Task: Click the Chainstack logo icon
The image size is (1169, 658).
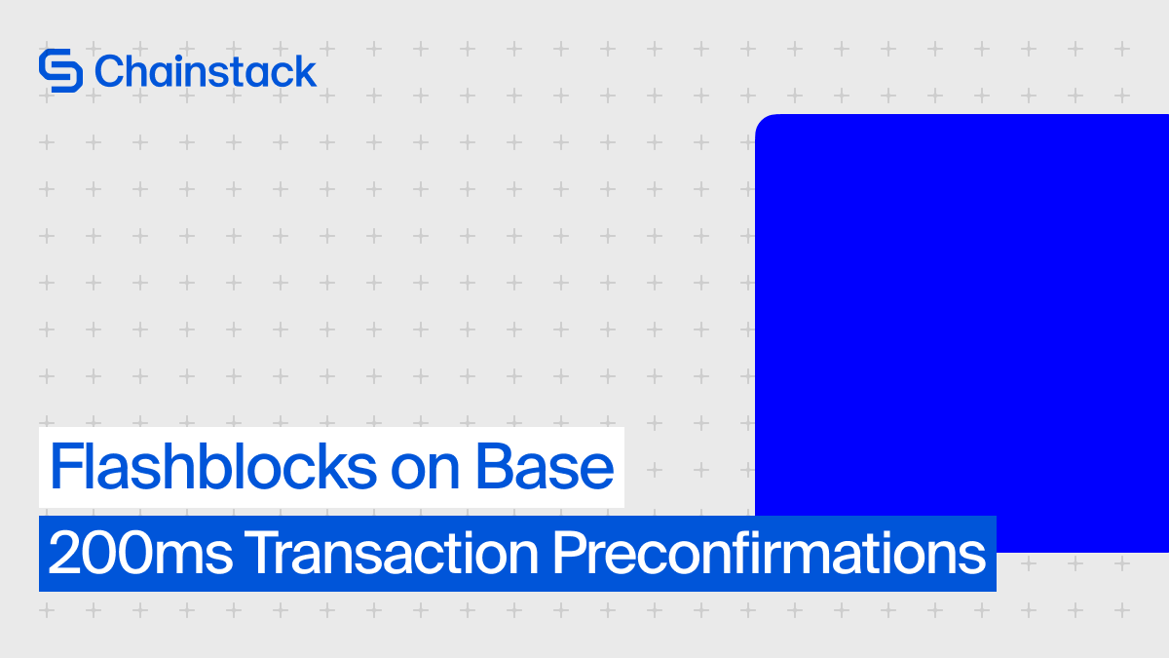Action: click(60, 71)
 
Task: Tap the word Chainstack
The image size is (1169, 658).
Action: click(206, 71)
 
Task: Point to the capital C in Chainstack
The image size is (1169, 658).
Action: click(109, 71)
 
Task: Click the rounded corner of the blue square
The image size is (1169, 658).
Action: click(763, 122)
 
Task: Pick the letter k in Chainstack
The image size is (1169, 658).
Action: click(305, 71)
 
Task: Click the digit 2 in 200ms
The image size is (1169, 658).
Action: click(61, 555)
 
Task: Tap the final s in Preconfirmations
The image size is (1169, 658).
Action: click(972, 557)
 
